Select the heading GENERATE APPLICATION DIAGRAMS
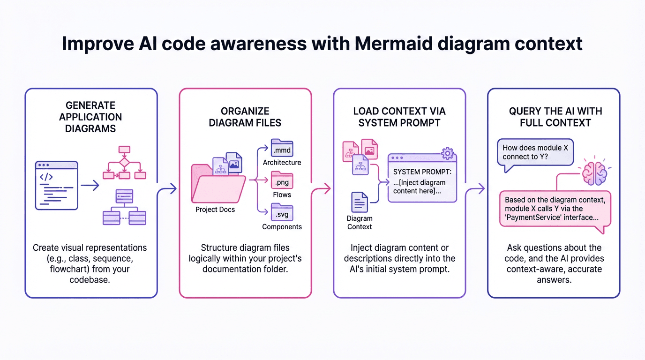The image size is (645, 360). point(90,117)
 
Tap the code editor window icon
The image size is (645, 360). point(56,185)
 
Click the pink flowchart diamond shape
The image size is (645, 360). point(124,163)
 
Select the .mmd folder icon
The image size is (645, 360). point(282,149)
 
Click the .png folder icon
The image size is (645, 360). point(282,180)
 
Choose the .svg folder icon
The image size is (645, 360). point(282,213)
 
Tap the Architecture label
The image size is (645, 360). point(282,163)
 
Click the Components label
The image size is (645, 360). point(282,227)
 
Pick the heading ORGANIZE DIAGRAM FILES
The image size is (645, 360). point(245,117)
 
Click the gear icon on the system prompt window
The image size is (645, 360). point(448,153)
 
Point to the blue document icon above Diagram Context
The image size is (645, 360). point(359,202)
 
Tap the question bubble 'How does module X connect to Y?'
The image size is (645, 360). point(535,152)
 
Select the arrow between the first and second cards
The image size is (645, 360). point(168,189)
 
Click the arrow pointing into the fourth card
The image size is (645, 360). point(476,189)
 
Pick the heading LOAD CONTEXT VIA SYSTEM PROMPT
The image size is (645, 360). point(399,117)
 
